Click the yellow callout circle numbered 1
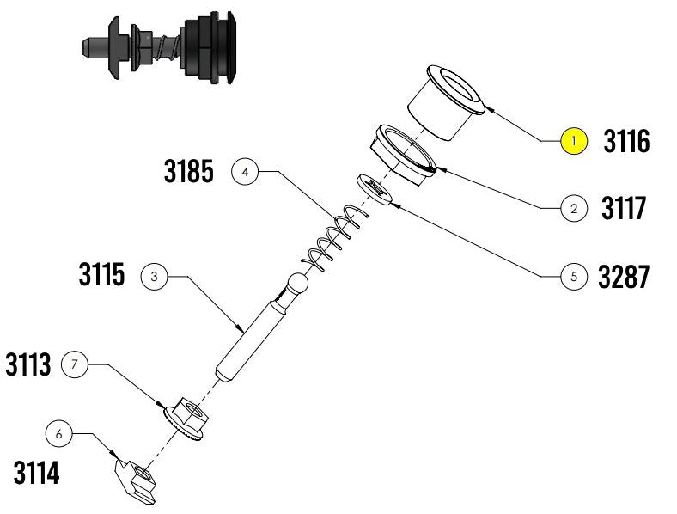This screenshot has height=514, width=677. pos(574,141)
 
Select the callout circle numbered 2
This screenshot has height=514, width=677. pos(574,209)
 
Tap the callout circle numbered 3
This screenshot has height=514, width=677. pos(154,277)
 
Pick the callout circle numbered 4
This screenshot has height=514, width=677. pos(245,172)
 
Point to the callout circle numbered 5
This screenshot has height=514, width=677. pos(574,277)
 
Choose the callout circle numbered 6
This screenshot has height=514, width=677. pos(58,434)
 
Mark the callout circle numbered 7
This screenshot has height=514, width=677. pos(74,364)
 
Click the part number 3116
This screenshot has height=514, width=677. pos(626,141)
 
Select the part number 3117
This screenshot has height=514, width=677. pos(624,208)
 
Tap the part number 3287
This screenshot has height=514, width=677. pos(624,277)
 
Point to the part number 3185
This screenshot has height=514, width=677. pos(189,171)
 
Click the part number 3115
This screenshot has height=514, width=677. pos(102,274)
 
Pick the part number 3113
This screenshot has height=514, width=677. pos(28,364)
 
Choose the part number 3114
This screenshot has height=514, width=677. pos(36,473)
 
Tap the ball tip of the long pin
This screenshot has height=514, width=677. pos(298,284)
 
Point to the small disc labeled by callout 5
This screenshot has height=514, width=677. pos(375,190)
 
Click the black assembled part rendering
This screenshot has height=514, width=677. pos(159,47)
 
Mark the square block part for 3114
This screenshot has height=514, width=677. pos(135,481)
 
